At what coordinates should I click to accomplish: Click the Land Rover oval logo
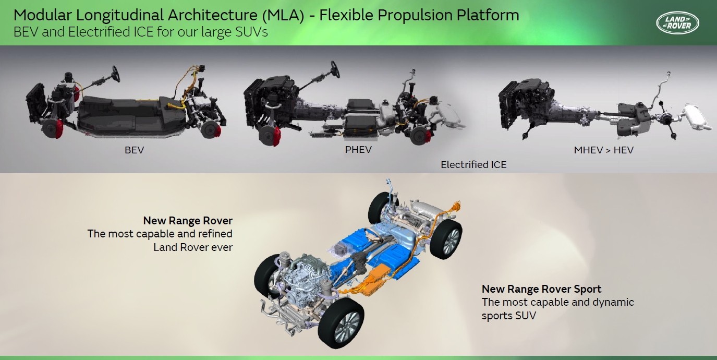(677, 22)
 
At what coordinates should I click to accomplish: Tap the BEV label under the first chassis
(134, 150)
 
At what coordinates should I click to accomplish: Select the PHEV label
(358, 150)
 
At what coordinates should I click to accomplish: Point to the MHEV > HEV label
(604, 150)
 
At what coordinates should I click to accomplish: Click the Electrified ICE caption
(473, 165)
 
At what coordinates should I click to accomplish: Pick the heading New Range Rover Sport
(541, 289)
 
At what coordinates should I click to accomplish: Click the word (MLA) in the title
(283, 15)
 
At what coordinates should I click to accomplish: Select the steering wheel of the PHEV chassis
(335, 69)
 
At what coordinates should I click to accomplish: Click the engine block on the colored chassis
(302, 277)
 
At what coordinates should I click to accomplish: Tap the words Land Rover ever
(193, 247)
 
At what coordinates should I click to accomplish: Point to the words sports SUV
(508, 316)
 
